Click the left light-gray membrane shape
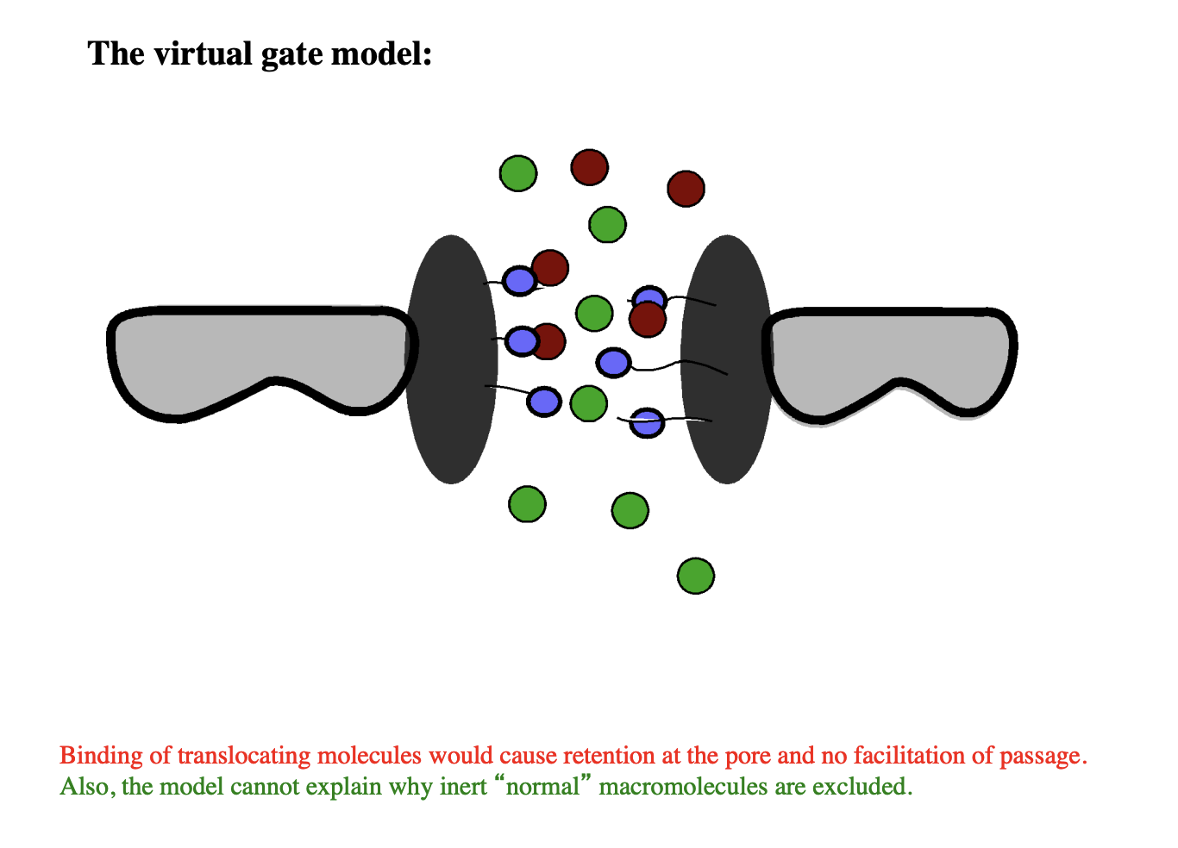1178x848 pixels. point(259,353)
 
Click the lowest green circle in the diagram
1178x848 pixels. point(696,577)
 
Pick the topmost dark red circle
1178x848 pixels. point(590,167)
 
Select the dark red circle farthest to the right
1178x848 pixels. point(686,189)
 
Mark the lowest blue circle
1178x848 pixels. point(647,423)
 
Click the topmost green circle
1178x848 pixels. point(518,173)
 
